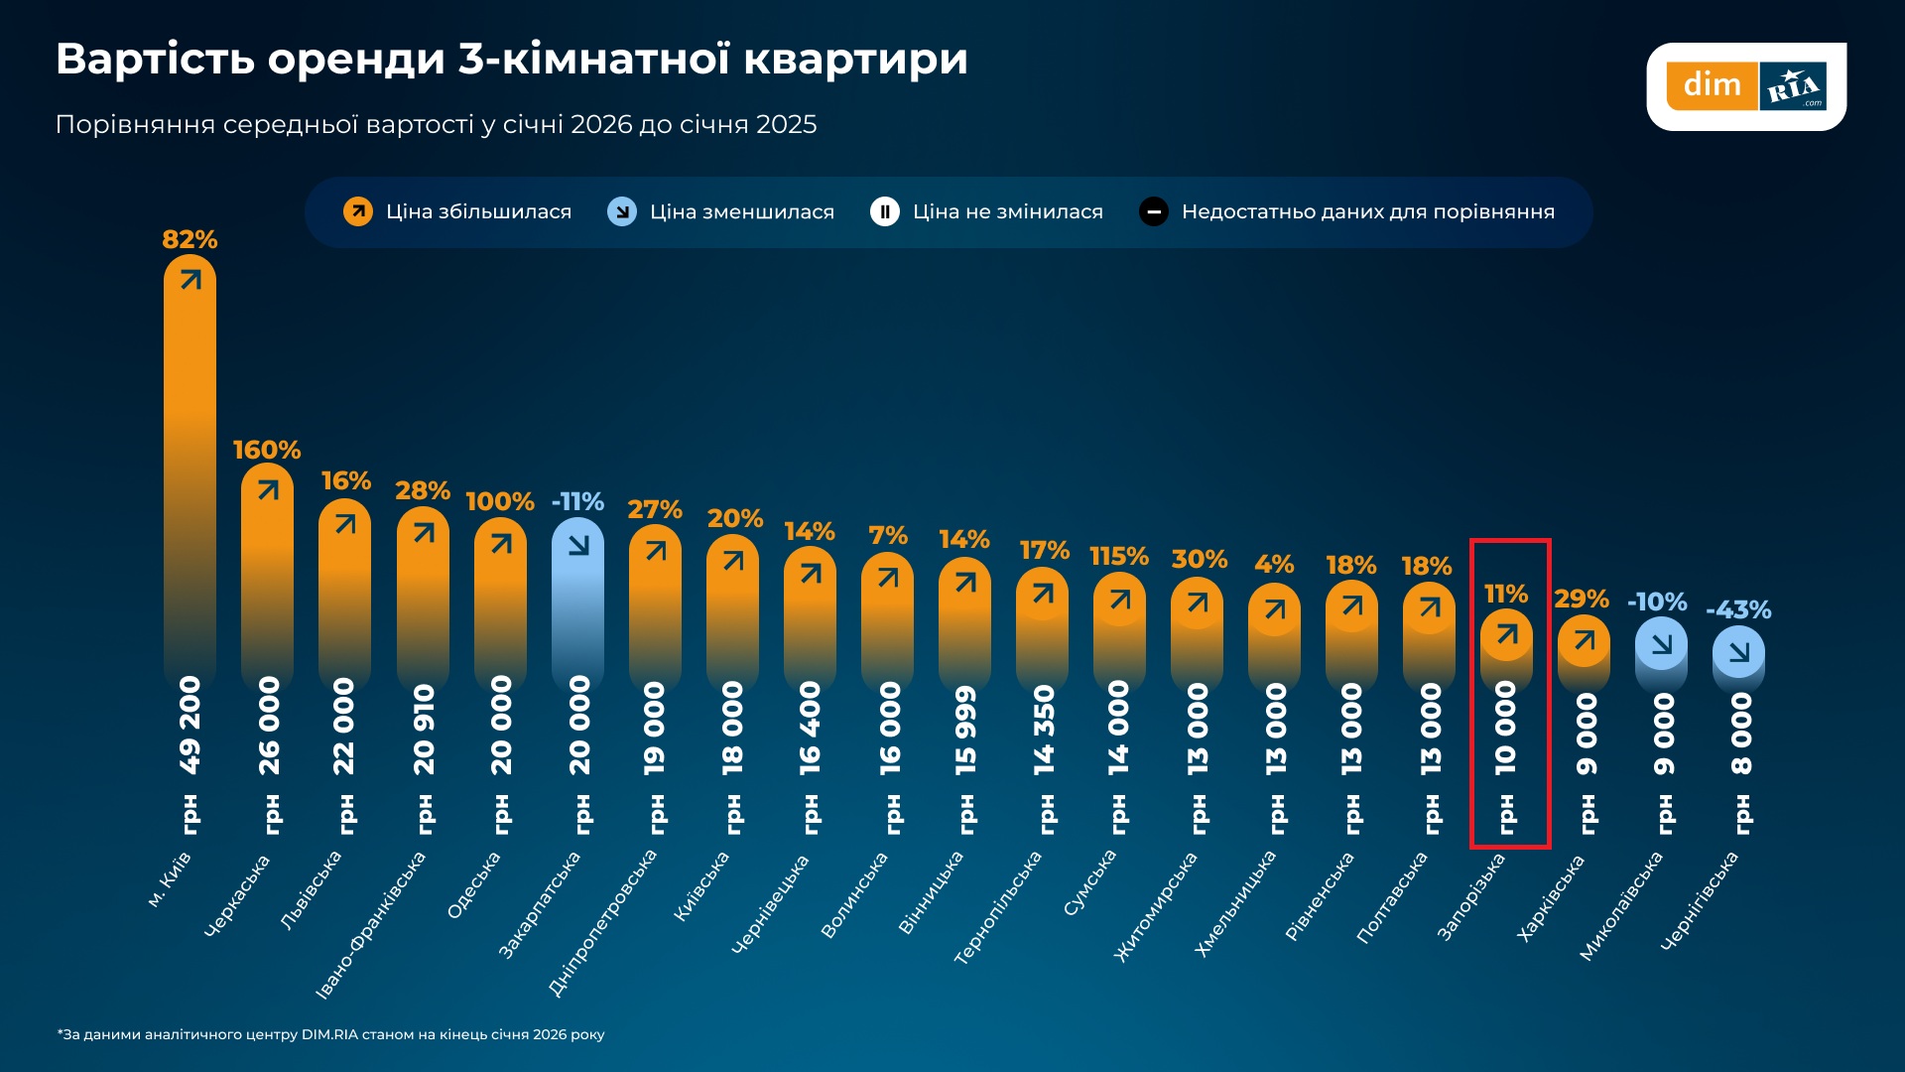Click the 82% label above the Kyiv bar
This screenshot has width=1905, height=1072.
(190, 239)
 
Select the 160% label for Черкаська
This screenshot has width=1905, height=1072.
(267, 450)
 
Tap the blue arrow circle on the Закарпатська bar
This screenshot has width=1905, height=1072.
(578, 544)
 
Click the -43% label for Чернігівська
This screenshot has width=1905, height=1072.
(1738, 609)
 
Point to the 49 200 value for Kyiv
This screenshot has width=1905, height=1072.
(190, 725)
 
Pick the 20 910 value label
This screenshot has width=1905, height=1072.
(424, 729)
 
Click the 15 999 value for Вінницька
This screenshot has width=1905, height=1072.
(965, 730)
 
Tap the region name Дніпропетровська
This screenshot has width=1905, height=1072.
(602, 922)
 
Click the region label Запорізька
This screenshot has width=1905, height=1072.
(1471, 896)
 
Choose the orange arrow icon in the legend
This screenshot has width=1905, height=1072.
(358, 211)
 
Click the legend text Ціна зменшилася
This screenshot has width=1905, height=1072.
(741, 211)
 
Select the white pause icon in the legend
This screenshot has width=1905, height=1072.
(884, 211)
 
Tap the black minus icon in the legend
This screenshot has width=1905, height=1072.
(1153, 211)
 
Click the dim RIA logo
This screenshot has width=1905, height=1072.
(1746, 86)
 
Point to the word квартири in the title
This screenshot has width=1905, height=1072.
(855, 59)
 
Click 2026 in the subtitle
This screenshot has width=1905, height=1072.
(601, 124)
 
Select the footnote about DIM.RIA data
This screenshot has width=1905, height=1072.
(330, 1034)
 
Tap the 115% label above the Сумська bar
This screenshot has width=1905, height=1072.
(1119, 556)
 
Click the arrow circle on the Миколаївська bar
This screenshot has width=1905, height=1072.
(1661, 644)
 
